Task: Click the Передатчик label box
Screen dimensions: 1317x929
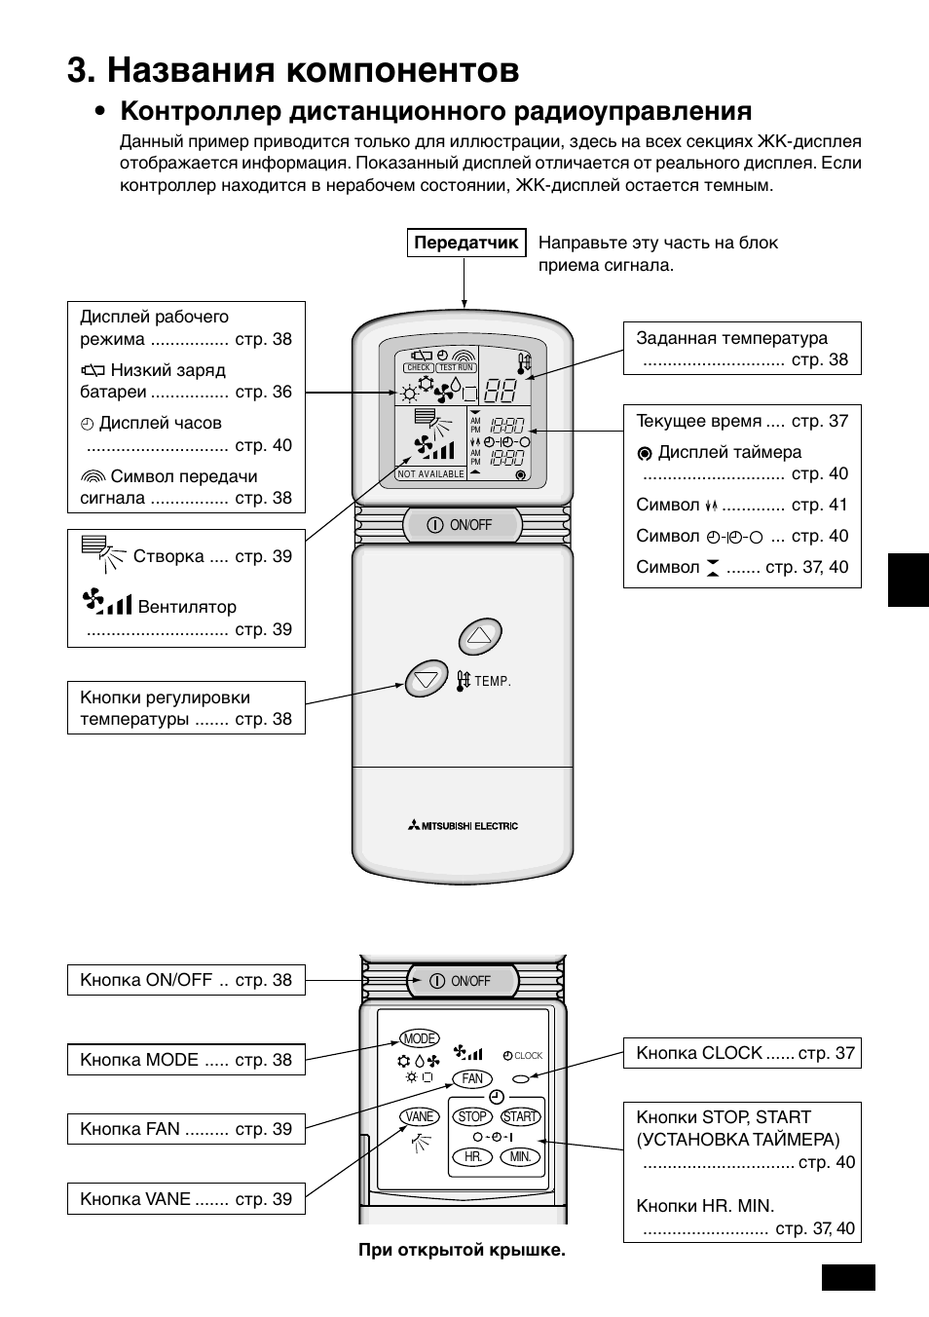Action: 466,244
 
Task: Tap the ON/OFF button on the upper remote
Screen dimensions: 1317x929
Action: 462,525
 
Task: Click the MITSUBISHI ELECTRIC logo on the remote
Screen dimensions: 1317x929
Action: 463,826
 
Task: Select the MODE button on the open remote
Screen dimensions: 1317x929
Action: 420,1038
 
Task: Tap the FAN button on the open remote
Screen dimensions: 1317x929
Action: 472,1078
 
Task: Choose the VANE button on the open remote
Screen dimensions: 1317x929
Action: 420,1116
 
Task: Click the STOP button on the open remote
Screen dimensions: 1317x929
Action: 472,1116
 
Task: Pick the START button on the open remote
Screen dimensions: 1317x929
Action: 521,1116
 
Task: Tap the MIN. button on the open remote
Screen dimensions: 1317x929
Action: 521,1157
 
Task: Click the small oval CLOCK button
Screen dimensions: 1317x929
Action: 522,1078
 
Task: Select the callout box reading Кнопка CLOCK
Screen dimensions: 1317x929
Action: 742,1053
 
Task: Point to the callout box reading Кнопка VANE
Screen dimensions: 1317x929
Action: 186,1199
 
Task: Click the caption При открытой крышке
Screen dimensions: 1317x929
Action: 462,1250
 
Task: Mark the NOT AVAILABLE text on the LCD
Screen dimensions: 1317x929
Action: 431,473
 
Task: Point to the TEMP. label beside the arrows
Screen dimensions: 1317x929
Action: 493,682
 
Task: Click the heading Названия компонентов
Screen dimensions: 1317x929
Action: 294,70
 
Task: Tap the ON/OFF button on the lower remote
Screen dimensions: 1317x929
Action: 463,981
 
